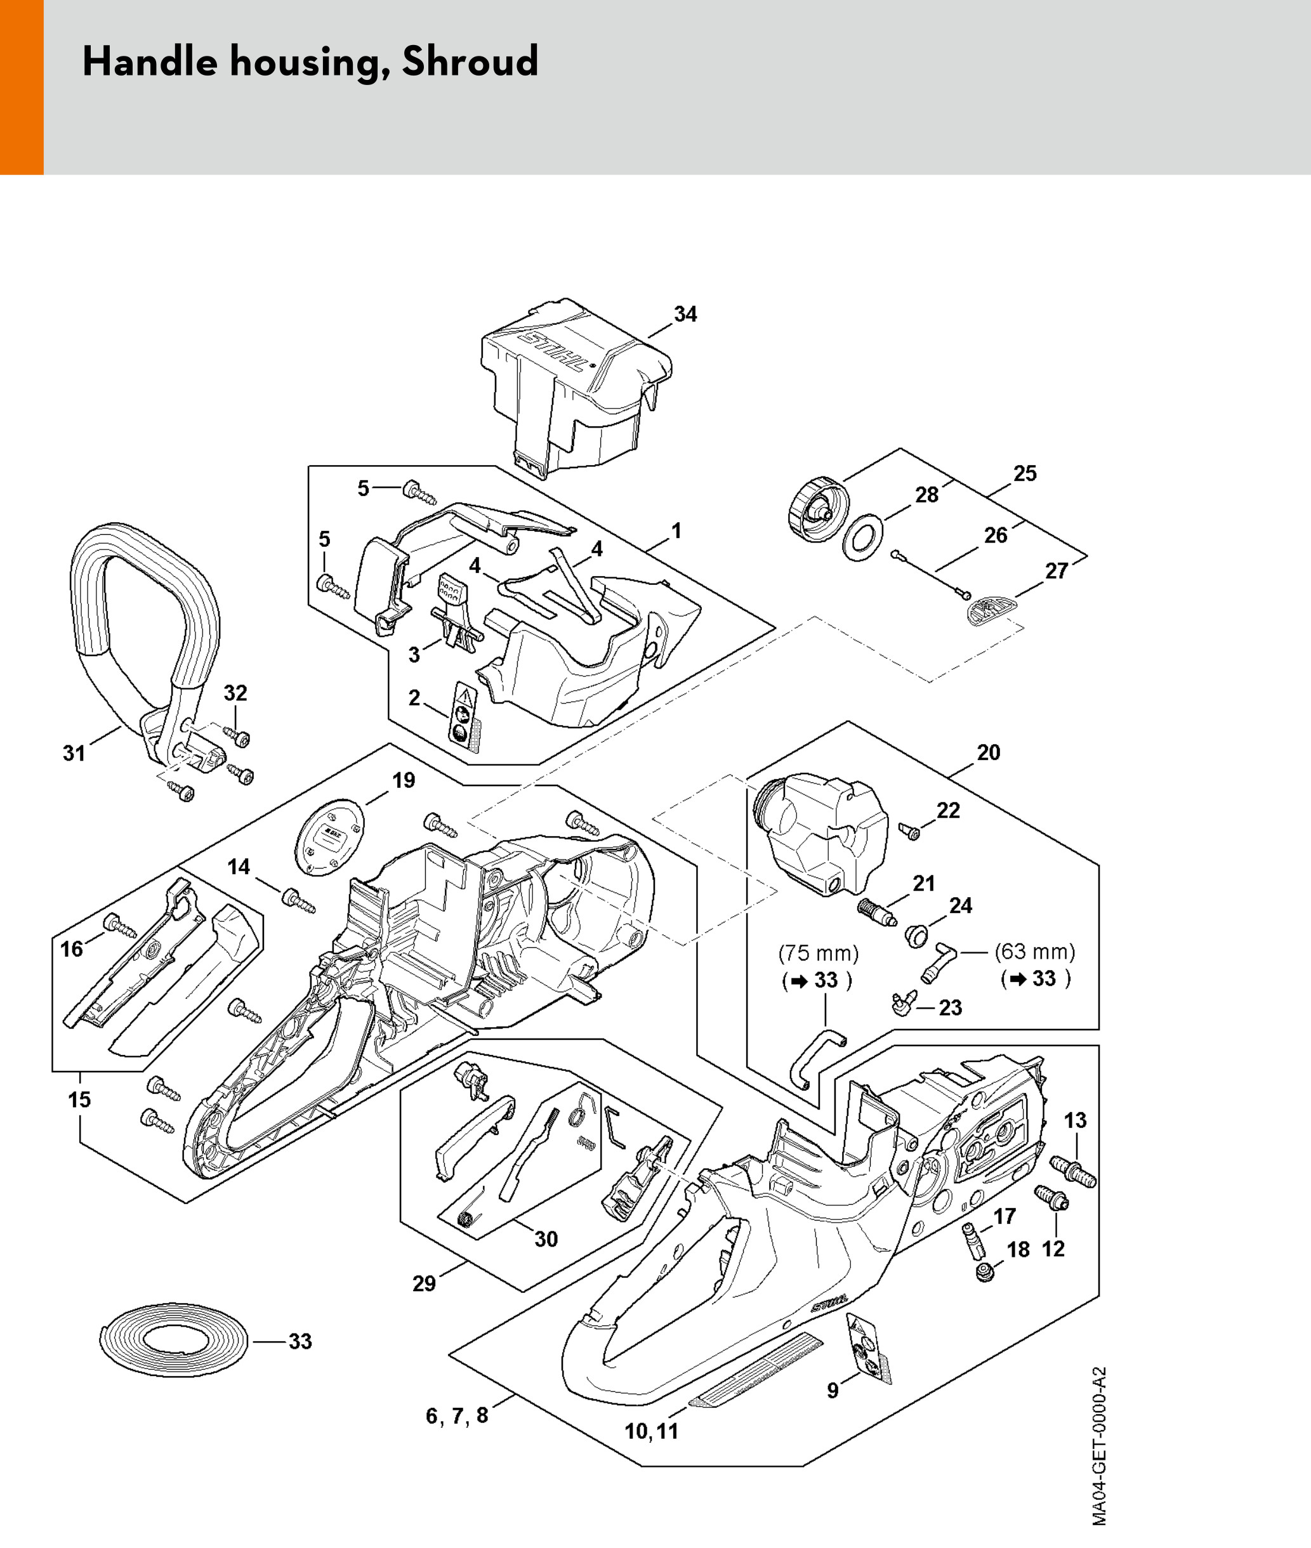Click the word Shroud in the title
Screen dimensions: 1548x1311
pos(470,61)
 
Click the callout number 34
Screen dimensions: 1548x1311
pos(685,314)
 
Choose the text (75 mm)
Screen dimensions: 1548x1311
pos(817,953)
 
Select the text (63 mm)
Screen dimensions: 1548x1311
pos(1034,951)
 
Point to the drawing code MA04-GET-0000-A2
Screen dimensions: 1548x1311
pos(1100,1457)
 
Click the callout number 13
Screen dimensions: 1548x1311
pos(1076,1120)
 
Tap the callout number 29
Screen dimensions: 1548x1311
pos(424,1283)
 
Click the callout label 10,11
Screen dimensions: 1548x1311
pos(651,1431)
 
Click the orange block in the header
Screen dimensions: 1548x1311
pos(22,87)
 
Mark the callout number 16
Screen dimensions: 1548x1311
pos(71,948)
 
